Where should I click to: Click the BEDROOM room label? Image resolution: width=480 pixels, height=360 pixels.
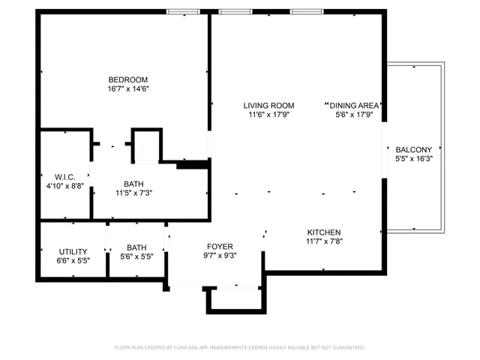pyautogui.click(x=127, y=79)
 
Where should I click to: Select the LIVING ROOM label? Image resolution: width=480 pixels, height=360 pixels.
pyautogui.click(x=268, y=106)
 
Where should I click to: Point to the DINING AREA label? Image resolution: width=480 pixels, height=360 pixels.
pyautogui.click(x=355, y=106)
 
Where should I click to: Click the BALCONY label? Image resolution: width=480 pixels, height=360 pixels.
pyautogui.click(x=413, y=149)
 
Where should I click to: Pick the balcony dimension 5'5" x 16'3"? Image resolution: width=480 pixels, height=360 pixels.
pyautogui.click(x=413, y=159)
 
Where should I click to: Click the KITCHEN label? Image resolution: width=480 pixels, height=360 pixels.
pyautogui.click(x=323, y=232)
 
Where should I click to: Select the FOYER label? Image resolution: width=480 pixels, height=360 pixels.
pyautogui.click(x=220, y=247)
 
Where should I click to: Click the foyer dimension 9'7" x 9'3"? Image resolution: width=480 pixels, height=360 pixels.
pyautogui.click(x=220, y=256)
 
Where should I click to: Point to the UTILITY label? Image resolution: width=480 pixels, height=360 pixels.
pyautogui.click(x=73, y=251)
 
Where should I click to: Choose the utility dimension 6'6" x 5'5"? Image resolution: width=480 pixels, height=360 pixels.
pyautogui.click(x=73, y=261)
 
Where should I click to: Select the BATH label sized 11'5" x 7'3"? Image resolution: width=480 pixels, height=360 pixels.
pyautogui.click(x=134, y=183)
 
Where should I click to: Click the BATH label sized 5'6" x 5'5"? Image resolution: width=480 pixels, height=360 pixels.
pyautogui.click(x=136, y=247)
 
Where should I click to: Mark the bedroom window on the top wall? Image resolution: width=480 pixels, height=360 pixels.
pyautogui.click(x=182, y=11)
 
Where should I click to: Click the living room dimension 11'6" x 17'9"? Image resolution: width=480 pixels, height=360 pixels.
pyautogui.click(x=268, y=115)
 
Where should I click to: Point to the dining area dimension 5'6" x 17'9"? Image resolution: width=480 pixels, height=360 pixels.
pyautogui.click(x=355, y=115)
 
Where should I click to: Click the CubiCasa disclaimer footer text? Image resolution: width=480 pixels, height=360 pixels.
pyautogui.click(x=239, y=348)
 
